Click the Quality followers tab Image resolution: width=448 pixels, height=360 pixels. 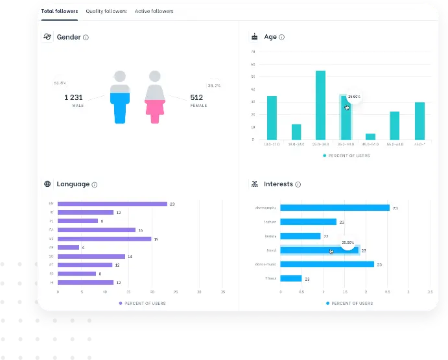tap(107, 12)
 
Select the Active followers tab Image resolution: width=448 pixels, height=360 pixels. tap(154, 12)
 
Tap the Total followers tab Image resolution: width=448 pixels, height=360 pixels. tap(60, 12)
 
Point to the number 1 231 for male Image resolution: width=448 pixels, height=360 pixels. tap(74, 97)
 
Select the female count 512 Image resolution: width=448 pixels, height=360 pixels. tap(196, 97)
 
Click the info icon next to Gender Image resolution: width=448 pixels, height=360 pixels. tap(86, 38)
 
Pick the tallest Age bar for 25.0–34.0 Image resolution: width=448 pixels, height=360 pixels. tap(320, 105)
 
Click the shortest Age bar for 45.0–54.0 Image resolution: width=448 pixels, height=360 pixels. tap(370, 136)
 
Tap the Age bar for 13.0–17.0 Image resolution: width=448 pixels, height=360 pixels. tap(272, 117)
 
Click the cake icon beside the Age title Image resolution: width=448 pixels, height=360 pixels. tap(254, 37)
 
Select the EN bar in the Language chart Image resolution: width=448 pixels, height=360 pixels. tap(112, 204)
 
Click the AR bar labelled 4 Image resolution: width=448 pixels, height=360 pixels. tap(68, 247)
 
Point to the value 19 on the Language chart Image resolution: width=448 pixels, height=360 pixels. tap(156, 239)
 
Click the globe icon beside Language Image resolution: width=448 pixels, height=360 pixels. tap(47, 184)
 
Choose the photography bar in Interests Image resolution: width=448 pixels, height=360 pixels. tap(335, 208)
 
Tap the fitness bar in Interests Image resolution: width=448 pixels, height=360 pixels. tap(291, 278)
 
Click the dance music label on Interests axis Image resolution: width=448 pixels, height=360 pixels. tap(266, 265)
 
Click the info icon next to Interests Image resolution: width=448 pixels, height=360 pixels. tap(298, 185)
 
